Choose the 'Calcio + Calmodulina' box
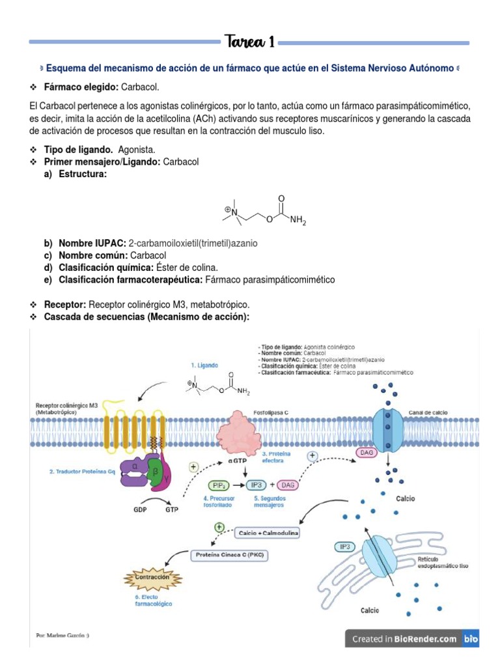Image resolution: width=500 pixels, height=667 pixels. click(x=269, y=533)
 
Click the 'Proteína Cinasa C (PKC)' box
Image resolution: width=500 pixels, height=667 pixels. click(x=232, y=556)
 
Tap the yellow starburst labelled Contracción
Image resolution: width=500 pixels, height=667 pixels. click(x=152, y=577)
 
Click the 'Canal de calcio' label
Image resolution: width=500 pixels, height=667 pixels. click(x=426, y=412)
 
